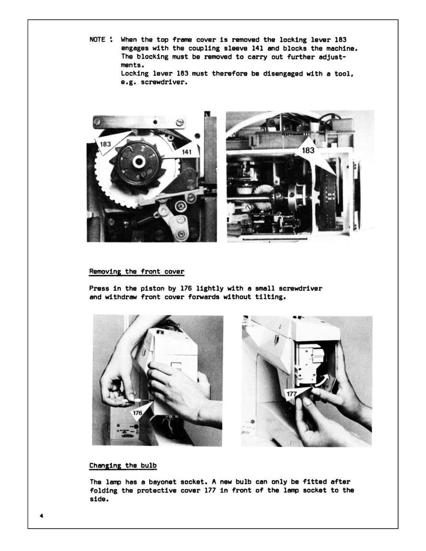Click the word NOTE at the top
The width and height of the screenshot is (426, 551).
97,40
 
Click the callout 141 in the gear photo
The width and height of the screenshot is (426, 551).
186,153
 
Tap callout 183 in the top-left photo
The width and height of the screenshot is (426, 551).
106,144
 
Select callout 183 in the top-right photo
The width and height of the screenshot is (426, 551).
308,150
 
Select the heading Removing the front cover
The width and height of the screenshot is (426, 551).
136,272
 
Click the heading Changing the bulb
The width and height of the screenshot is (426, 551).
123,465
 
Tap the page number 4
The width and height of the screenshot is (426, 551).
42,516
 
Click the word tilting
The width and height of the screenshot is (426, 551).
271,297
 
